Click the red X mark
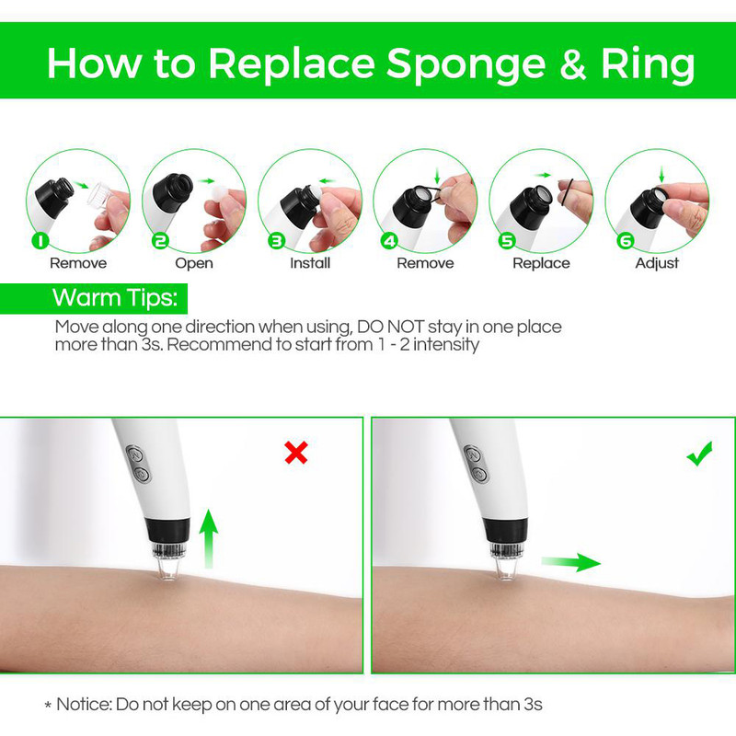tap(296, 453)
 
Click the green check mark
tap(699, 454)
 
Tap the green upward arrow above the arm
tap(209, 539)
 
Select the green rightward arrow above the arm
tap(570, 562)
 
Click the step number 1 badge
tap(40, 241)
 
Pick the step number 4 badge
tap(389, 241)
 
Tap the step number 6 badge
tap(626, 241)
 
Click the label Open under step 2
tap(194, 263)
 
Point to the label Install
tap(310, 263)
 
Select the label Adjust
tap(657, 263)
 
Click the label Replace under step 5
tap(541, 263)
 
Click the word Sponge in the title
tap(466, 64)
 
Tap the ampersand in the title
tap(573, 64)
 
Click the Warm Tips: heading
tap(115, 297)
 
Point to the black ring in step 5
tap(568, 192)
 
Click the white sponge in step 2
tap(220, 194)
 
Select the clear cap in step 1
tap(100, 194)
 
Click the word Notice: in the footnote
tap(85, 704)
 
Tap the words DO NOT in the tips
tap(390, 327)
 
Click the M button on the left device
tap(135, 454)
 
